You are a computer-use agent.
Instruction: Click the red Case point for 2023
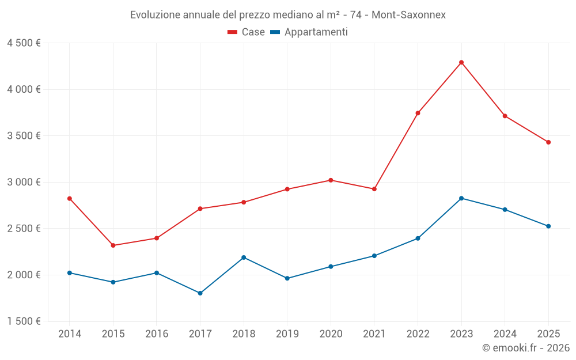(x=461, y=62)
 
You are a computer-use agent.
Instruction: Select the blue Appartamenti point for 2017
(x=200, y=293)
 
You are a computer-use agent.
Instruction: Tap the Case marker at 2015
(x=113, y=245)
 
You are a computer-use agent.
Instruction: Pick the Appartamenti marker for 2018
(x=244, y=257)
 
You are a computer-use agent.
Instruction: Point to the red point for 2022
(x=418, y=113)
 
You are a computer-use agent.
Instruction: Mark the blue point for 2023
(x=461, y=198)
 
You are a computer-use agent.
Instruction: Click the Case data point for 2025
(x=548, y=142)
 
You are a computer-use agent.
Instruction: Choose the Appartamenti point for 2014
(x=70, y=272)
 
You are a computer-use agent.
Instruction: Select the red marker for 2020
(x=331, y=180)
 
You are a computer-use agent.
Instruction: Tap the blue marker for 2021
(x=374, y=256)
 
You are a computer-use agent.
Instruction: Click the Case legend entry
(x=247, y=32)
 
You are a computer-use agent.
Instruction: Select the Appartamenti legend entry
(x=309, y=32)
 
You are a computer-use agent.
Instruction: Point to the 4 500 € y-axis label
(x=24, y=43)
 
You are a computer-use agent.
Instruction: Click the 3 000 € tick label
(x=24, y=182)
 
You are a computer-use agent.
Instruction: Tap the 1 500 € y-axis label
(x=24, y=321)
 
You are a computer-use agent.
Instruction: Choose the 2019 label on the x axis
(x=287, y=334)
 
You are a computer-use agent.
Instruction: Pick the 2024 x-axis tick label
(x=505, y=334)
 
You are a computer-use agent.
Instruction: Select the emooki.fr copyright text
(x=526, y=348)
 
